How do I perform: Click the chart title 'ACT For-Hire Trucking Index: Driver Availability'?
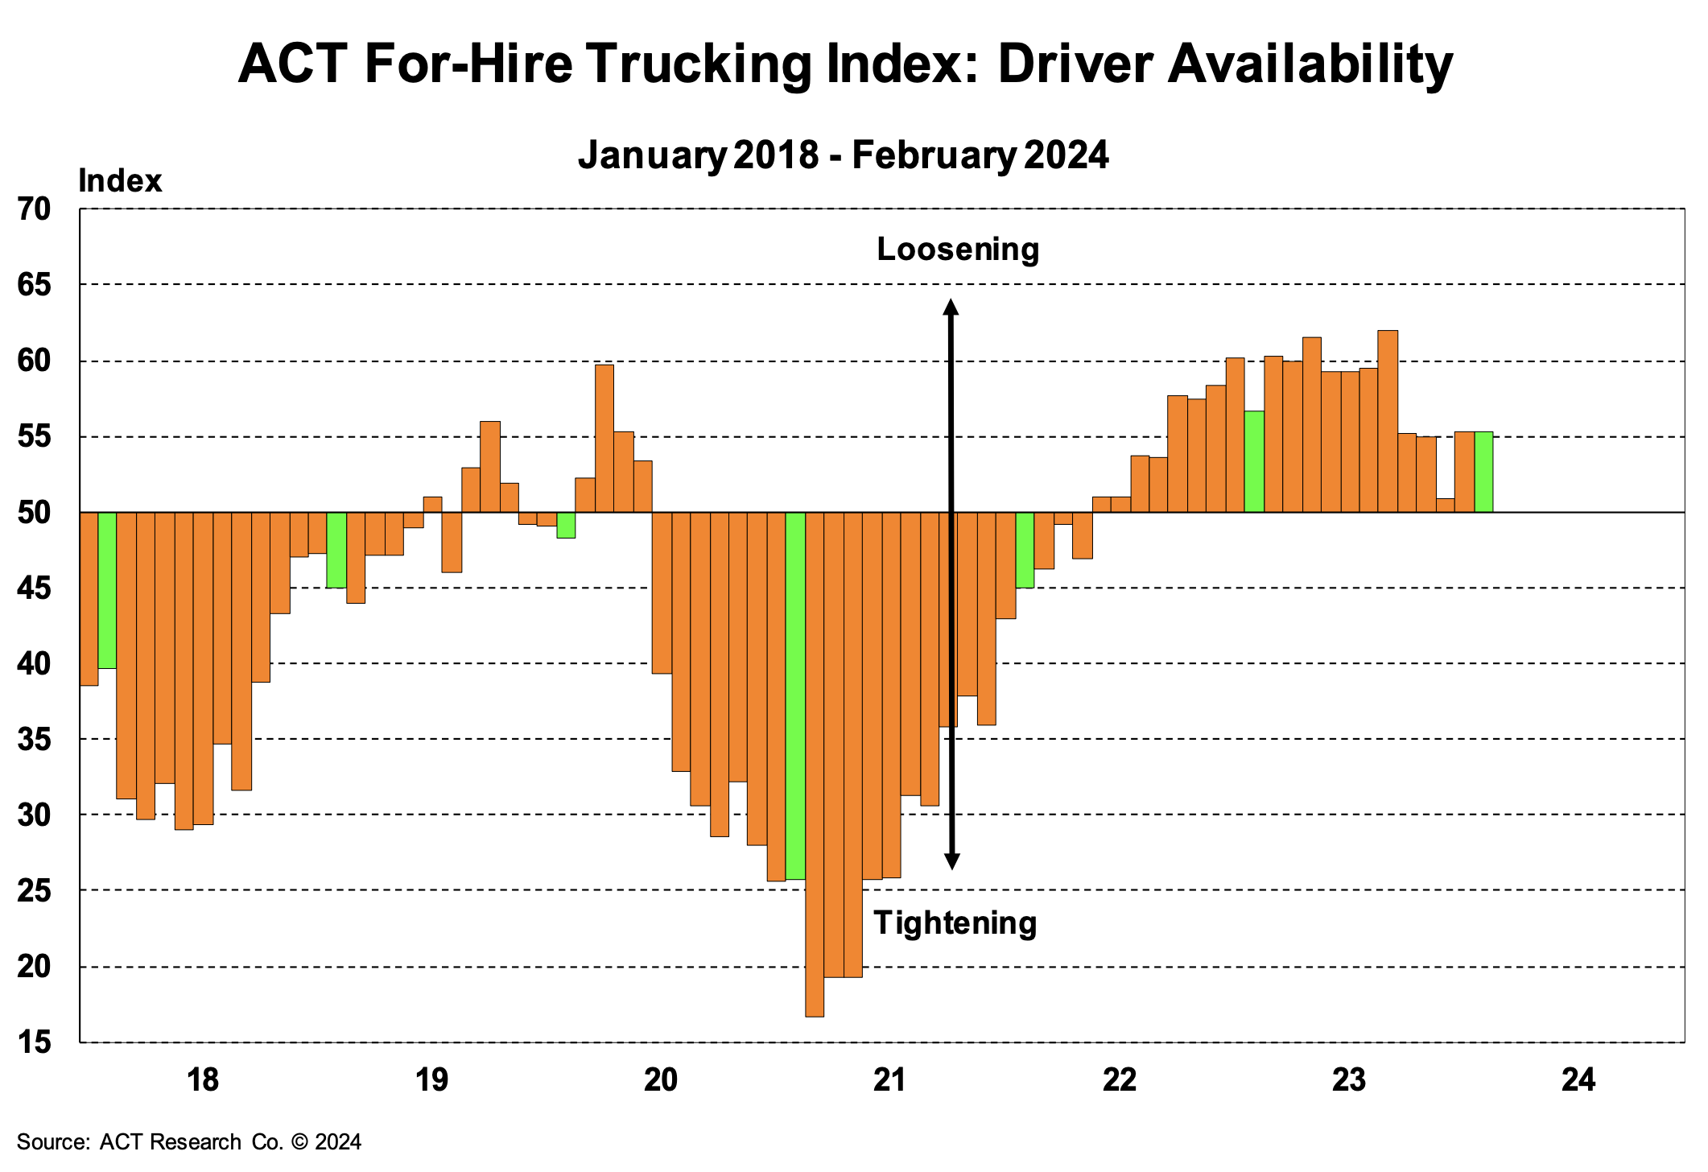845,64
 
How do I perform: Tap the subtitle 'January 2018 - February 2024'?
843,155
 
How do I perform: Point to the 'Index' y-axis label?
120,181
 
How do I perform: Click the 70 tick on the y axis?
34,209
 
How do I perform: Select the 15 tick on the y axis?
34,1043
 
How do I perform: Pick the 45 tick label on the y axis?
34,588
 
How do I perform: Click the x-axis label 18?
202,1079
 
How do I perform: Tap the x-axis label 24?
1578,1079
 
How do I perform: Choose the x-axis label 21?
889,1079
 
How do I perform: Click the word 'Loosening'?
958,250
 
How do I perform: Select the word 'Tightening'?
955,922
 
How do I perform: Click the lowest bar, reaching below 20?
815,765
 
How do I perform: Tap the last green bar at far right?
1483,472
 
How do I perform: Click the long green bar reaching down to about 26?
795,695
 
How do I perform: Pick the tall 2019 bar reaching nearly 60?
604,439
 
